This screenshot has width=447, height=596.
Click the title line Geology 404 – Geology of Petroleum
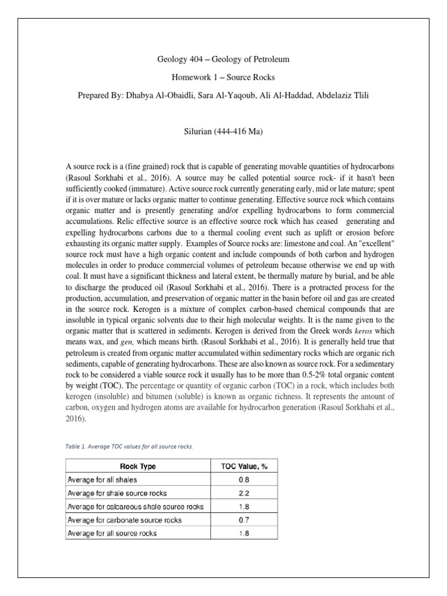tap(223, 59)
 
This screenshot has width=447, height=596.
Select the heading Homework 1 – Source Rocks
tap(223, 77)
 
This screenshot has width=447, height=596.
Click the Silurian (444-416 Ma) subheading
tap(223, 132)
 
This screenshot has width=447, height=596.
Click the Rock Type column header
tap(137, 466)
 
